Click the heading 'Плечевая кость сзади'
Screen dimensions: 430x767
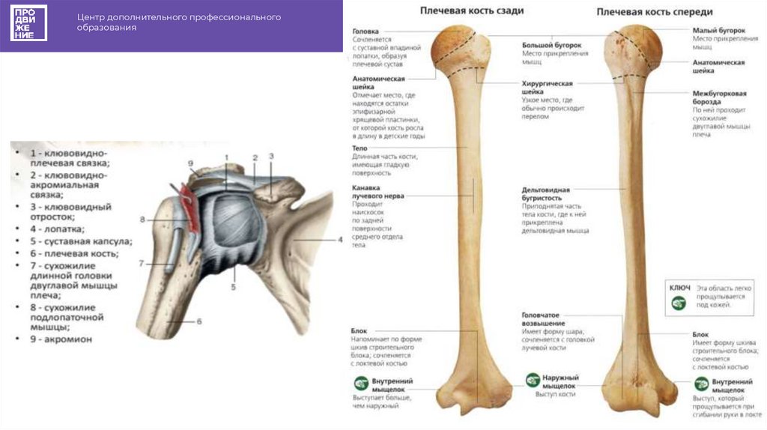[x=471, y=12]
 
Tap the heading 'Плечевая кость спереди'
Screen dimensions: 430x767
[x=654, y=12]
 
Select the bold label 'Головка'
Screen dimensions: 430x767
[x=366, y=31]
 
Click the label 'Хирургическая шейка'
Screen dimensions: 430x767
[x=548, y=88]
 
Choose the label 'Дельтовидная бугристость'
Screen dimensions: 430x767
[x=547, y=194]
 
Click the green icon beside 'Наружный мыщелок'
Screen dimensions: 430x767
[x=533, y=381]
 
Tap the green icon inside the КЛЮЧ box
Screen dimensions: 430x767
[x=679, y=303]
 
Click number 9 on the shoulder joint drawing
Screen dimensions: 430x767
[x=190, y=163]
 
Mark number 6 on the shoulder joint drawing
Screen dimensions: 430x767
[x=199, y=321]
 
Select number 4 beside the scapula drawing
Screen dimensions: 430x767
[x=339, y=240]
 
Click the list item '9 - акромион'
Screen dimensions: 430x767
[x=61, y=339]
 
